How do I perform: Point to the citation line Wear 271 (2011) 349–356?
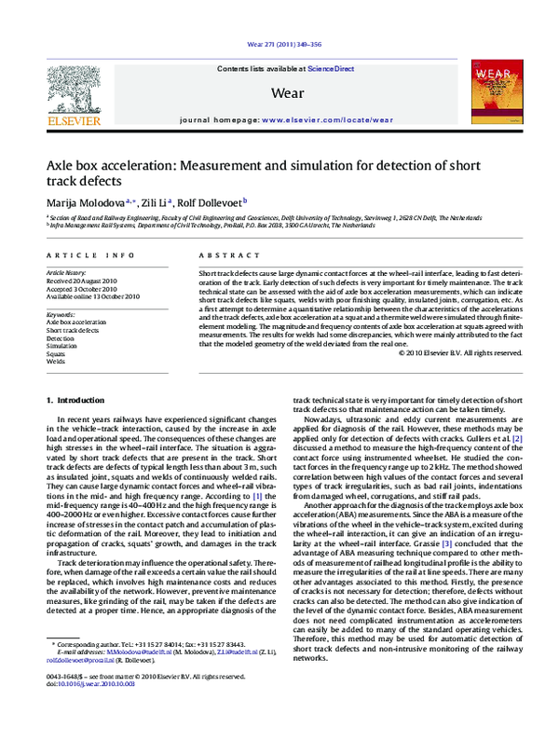point(279,45)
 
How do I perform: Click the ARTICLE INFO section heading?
point(83,254)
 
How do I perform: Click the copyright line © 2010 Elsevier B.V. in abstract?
point(460,378)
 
